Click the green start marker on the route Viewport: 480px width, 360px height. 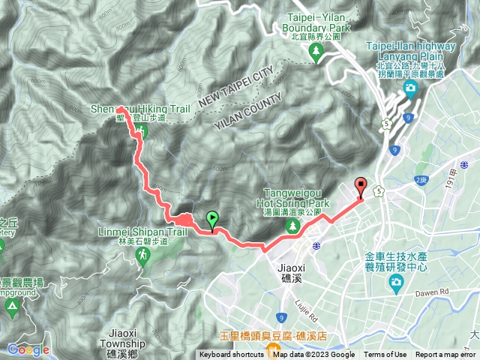click(x=212, y=220)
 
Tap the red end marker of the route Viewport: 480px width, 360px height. click(x=361, y=187)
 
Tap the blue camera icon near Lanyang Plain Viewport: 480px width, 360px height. click(x=410, y=89)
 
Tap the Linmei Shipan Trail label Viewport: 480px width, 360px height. click(x=142, y=232)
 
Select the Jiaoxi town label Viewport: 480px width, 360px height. click(x=286, y=271)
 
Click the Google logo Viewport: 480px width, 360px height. click(x=28, y=349)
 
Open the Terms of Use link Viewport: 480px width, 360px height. click(x=385, y=355)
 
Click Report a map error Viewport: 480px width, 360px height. click(x=446, y=355)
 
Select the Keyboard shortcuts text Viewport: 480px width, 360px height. click(x=232, y=355)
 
